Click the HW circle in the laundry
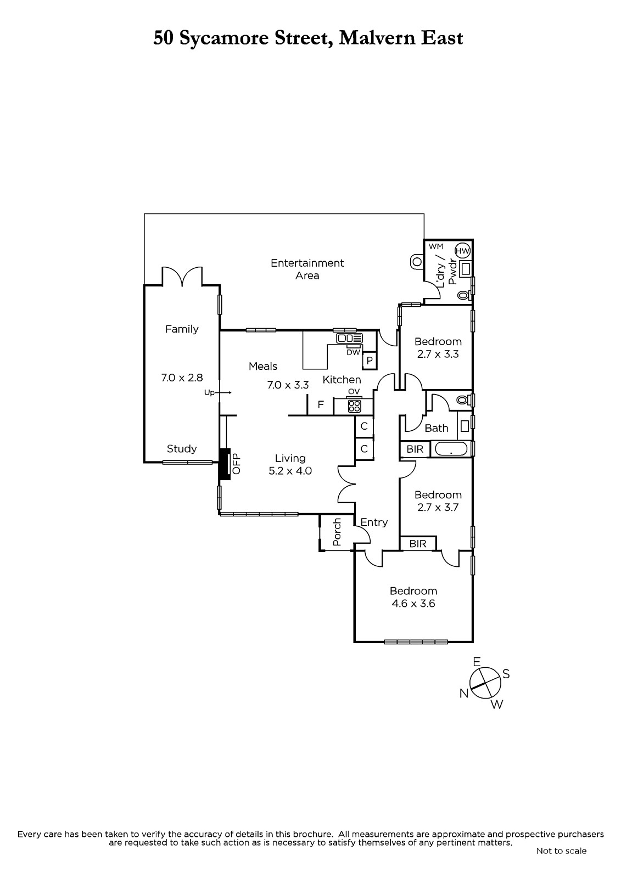pyautogui.click(x=462, y=251)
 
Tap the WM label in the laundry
pyautogui.click(x=436, y=246)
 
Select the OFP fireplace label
pyautogui.click(x=236, y=464)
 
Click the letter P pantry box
pyautogui.click(x=370, y=360)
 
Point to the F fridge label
pyautogui.click(x=321, y=404)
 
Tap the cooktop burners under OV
pyautogui.click(x=354, y=406)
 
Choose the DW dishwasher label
pyautogui.click(x=354, y=352)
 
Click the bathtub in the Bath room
pyautogui.click(x=451, y=448)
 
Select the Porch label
pyautogui.click(x=337, y=532)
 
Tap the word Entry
pyautogui.click(x=374, y=522)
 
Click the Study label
pyautogui.click(x=182, y=449)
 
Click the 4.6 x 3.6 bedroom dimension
pyautogui.click(x=413, y=603)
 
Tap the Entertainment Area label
pyautogui.click(x=307, y=269)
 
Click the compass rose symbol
pyautogui.click(x=485, y=683)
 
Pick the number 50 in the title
pyautogui.click(x=163, y=38)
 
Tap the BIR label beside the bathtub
pyautogui.click(x=415, y=449)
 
